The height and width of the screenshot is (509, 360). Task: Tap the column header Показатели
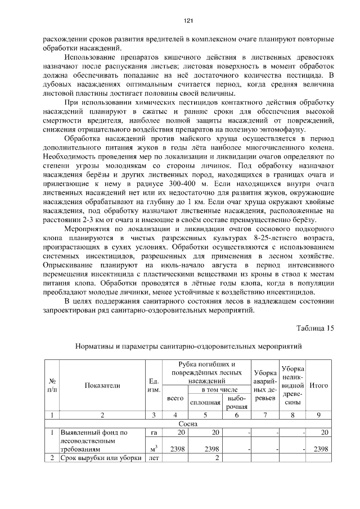[x=102, y=385]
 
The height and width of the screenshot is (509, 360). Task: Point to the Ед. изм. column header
[x=153, y=385]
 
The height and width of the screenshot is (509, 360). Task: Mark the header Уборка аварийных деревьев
[x=264, y=385]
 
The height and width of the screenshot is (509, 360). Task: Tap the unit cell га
[x=153, y=433]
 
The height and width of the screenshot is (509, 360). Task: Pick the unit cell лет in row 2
[x=153, y=458]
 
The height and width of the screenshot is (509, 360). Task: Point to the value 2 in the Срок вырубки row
[x=217, y=458]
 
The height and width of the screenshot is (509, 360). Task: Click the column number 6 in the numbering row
[x=236, y=415]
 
